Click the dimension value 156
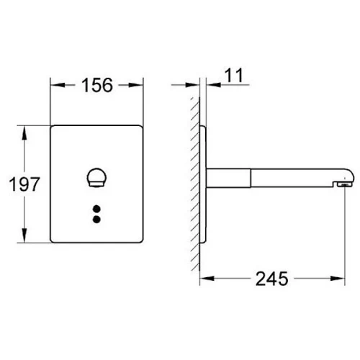coord(97,85)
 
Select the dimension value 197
coord(24,184)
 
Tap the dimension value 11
coord(234,76)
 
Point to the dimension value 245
coord(271,279)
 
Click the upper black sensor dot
coord(96,209)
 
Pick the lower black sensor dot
coord(96,220)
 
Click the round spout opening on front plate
coord(96,177)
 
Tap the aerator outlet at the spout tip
coord(344,184)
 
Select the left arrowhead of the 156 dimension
coord(58,85)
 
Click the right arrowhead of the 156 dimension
coord(136,85)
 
